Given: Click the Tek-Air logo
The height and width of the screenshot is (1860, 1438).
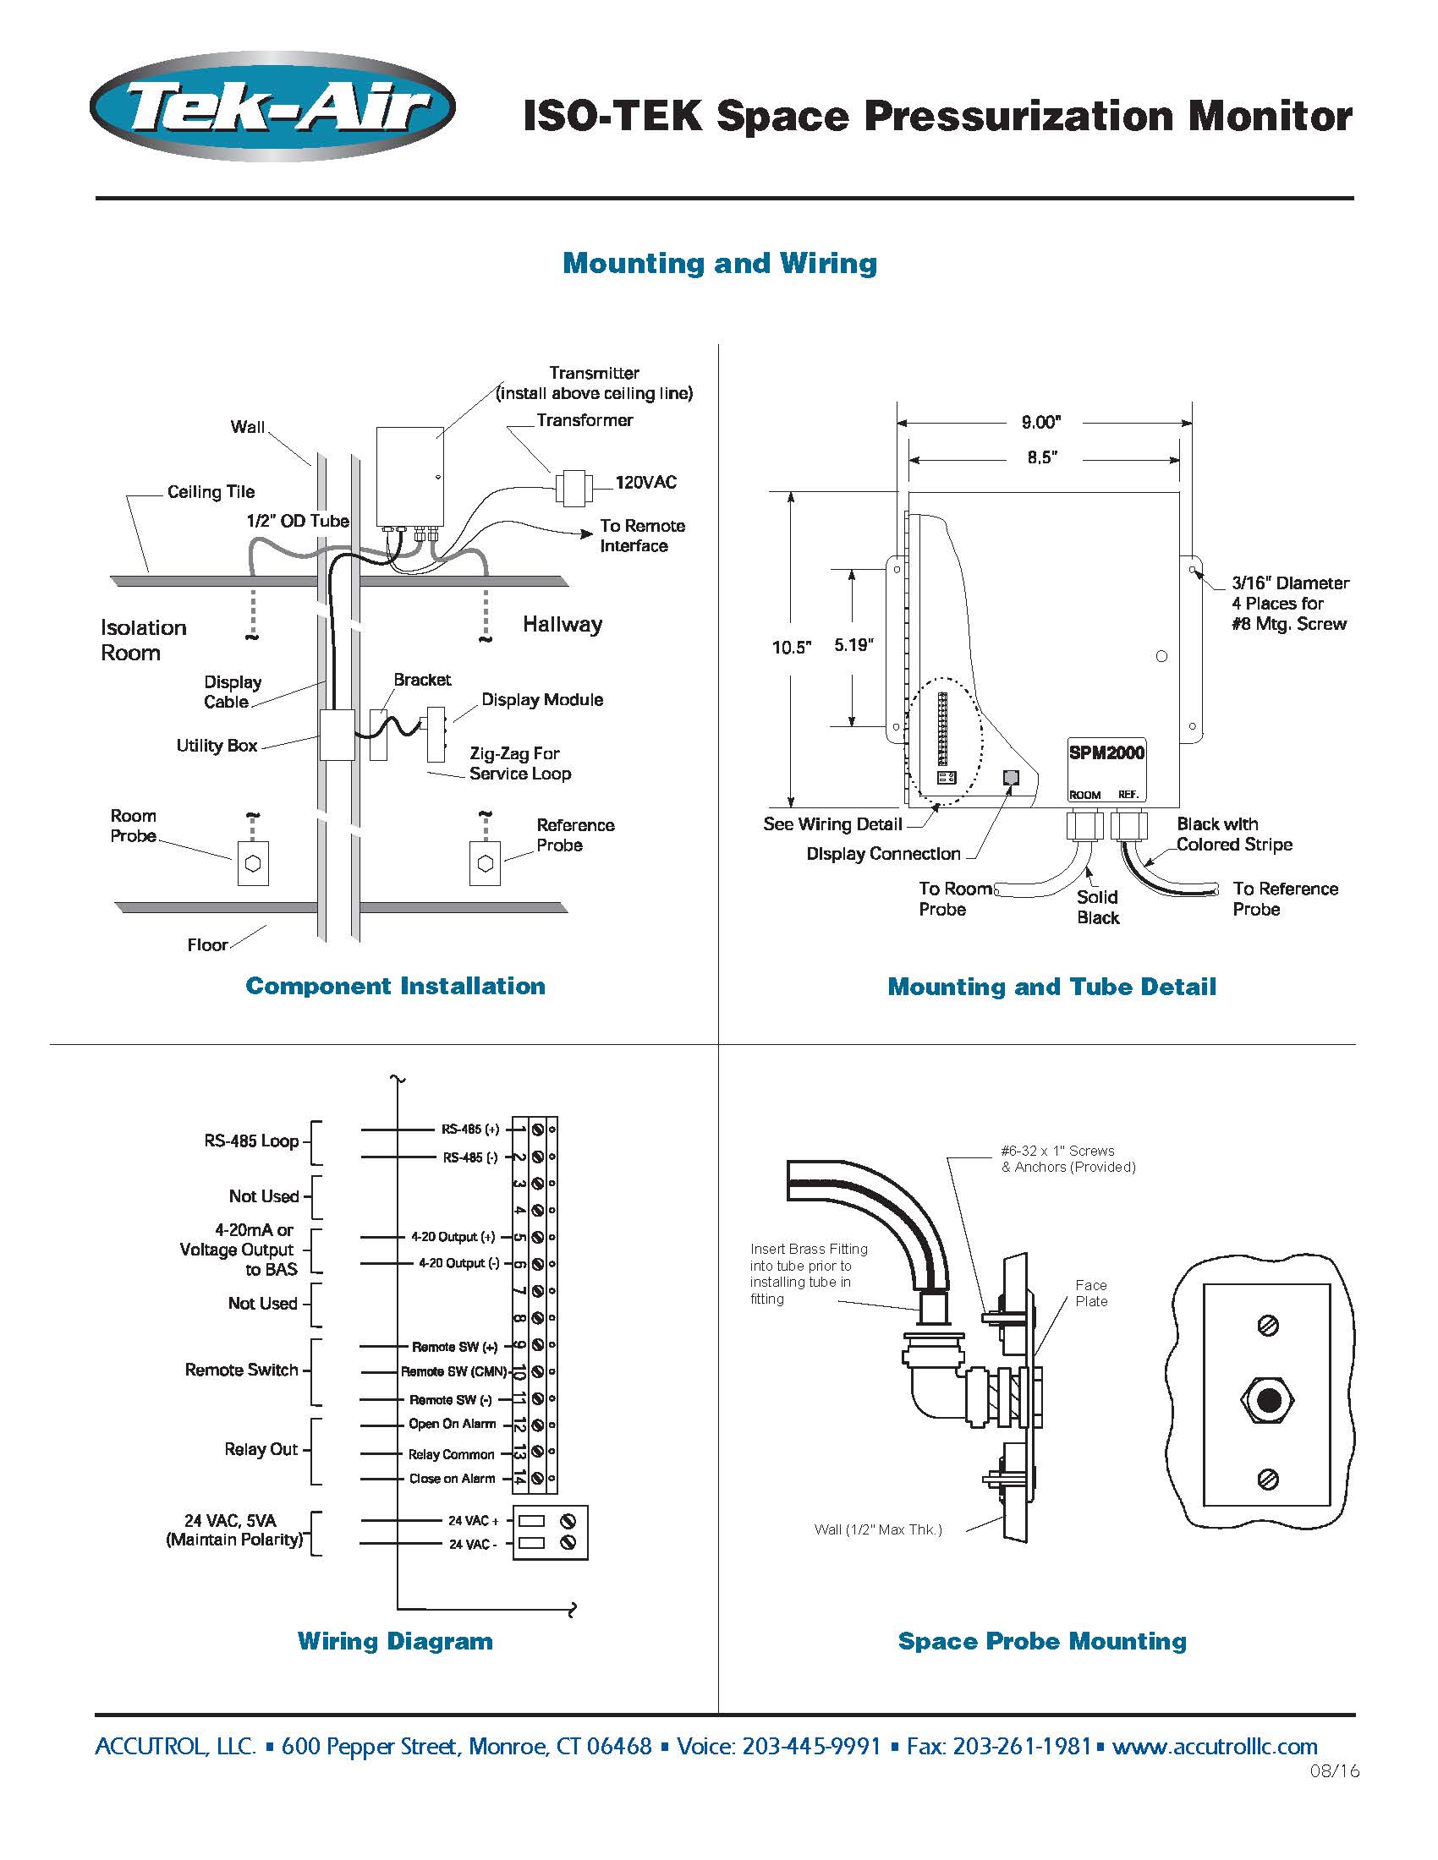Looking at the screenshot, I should pos(272,107).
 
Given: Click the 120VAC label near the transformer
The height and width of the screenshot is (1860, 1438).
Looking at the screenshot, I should pos(645,483).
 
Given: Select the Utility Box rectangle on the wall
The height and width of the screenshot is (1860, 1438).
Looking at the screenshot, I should pos(337,735).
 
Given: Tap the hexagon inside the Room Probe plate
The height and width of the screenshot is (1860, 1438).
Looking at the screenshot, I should pos(253,863).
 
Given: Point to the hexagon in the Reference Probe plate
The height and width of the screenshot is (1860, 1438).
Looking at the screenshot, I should pos(486,863).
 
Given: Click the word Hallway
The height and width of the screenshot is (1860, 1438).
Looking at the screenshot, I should pos(563,624).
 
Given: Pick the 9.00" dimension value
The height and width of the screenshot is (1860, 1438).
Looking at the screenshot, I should pos(1041,423).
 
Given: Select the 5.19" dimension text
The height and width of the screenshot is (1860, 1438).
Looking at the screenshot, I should pos(853,645).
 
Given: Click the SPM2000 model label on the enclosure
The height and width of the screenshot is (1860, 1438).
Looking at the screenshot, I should pos(1106,752).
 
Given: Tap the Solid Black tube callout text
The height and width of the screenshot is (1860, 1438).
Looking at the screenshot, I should pos(1097,907).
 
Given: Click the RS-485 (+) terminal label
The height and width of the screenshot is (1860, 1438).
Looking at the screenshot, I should pos(470,1130).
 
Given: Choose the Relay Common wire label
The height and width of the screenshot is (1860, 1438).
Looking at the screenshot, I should pos(452,1455).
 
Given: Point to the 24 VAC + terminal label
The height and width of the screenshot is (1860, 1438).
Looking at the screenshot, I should pos(474,1520).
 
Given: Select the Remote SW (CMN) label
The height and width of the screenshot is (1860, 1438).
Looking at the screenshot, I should pos(454,1371).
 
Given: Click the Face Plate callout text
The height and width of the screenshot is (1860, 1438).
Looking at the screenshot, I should pos(1091,1293).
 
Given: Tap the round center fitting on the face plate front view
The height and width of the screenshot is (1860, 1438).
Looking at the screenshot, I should pos(1268,1400).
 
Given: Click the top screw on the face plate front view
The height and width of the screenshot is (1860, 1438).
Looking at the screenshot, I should pos(1269,1325).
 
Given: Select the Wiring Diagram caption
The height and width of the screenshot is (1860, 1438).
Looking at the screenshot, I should pos(395,1641).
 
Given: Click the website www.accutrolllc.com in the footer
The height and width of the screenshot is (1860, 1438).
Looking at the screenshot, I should pos(1215,1747).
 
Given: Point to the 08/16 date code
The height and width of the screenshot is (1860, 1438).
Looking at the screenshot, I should pos(1335,1771).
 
